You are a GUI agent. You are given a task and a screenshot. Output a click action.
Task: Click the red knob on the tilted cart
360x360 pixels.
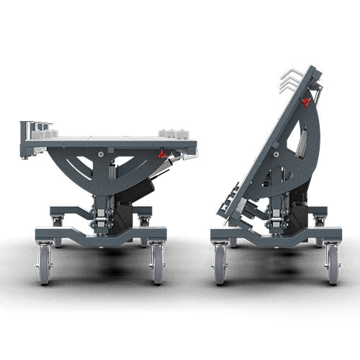pyautogui.click(x=306, y=102)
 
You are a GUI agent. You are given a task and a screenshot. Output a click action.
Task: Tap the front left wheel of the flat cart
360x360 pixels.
pyautogui.click(x=45, y=264)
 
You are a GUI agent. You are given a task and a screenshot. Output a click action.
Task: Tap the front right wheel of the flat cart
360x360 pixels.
pyautogui.click(x=158, y=264)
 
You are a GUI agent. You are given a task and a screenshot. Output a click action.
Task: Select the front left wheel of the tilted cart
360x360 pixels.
pyautogui.click(x=220, y=264)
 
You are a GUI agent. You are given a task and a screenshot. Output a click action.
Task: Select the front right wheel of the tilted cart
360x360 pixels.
pyautogui.click(x=333, y=264)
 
